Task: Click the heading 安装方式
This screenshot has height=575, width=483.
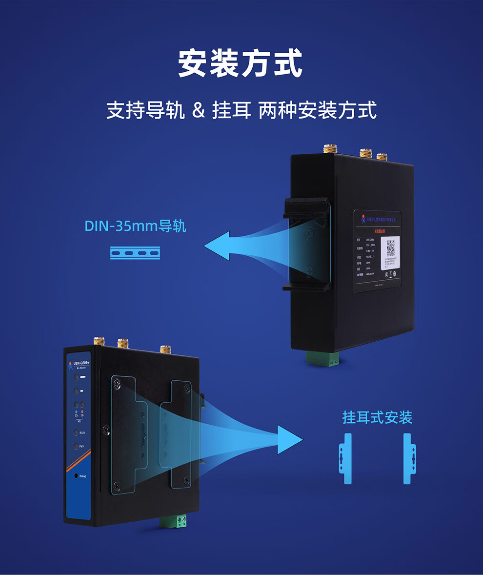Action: pyautogui.click(x=240, y=63)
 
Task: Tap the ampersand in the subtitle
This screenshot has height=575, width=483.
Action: pyautogui.click(x=199, y=110)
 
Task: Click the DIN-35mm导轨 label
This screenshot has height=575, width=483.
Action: pyautogui.click(x=135, y=226)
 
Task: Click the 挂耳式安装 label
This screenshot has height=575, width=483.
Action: pyautogui.click(x=377, y=418)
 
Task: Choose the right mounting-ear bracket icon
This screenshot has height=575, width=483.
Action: pyautogui.click(x=409, y=458)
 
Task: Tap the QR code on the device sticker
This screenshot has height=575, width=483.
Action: pyautogui.click(x=390, y=248)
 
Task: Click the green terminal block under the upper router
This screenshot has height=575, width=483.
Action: pyautogui.click(x=323, y=358)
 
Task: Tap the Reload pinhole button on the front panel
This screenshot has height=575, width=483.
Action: pyautogui.click(x=76, y=475)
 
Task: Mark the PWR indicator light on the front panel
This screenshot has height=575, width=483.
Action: pyautogui.click(x=76, y=446)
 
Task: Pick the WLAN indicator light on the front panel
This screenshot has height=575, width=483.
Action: pyautogui.click(x=76, y=432)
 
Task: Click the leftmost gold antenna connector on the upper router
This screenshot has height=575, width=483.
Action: pyautogui.click(x=330, y=148)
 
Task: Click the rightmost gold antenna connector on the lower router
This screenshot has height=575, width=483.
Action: pyautogui.click(x=165, y=349)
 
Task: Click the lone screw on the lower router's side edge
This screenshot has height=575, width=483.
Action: pyautogui.click(x=105, y=430)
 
